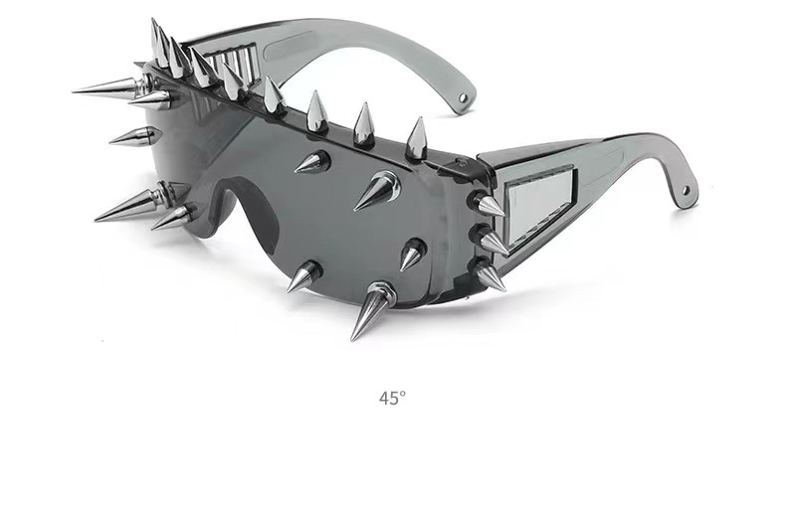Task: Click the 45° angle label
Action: pos(392,399)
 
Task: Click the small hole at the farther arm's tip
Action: pos(463,97)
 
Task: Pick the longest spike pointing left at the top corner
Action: pos(109,86)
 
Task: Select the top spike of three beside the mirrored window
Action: pos(488,205)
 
